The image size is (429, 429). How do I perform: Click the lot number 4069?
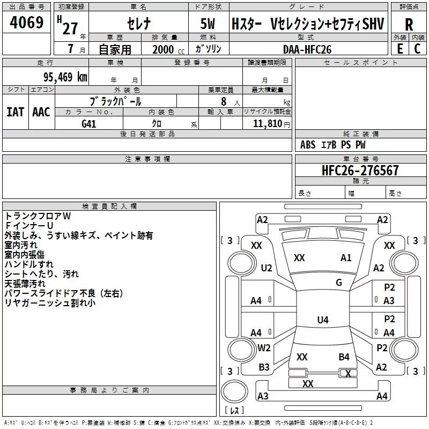(26, 23)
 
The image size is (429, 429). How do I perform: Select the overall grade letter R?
(409, 25)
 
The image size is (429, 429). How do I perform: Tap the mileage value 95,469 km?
(65, 77)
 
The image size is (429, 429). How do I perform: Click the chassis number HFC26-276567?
(360, 170)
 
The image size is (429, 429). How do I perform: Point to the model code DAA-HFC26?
(307, 49)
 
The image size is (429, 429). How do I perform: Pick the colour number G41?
(88, 124)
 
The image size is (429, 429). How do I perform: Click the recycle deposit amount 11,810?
(267, 124)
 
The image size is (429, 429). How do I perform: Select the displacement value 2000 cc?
(168, 49)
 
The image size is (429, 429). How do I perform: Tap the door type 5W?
(208, 24)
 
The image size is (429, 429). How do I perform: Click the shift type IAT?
(15, 112)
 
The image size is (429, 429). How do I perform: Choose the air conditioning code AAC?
(41, 112)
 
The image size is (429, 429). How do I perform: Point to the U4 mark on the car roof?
(323, 320)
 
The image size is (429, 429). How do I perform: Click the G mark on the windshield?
(339, 283)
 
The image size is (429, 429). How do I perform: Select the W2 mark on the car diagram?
(264, 348)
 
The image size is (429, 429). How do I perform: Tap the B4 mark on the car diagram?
(344, 357)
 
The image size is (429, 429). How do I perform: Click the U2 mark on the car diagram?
(267, 268)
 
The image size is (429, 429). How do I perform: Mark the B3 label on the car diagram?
(264, 367)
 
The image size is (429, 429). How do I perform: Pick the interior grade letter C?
(417, 49)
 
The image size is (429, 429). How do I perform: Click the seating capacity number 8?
(224, 101)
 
